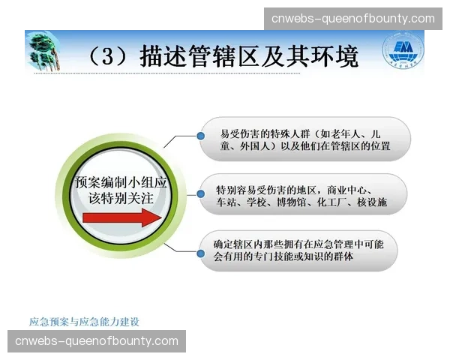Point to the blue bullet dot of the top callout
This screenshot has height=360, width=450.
pos(202,136)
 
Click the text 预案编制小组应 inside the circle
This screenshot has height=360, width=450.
pos(120,182)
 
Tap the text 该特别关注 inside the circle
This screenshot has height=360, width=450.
pos(120,197)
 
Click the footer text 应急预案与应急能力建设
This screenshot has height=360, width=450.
pos(84,321)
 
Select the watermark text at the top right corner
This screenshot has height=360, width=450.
pos(352,18)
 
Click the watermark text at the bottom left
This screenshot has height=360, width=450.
pos(97,341)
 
